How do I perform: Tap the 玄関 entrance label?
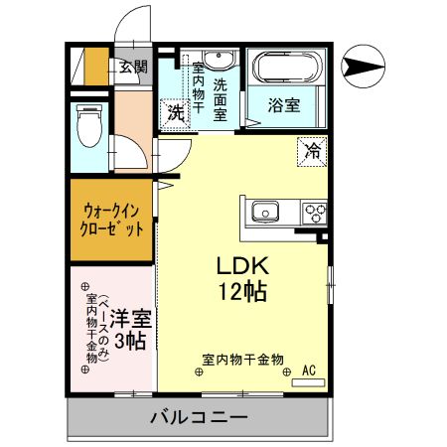point(133,68)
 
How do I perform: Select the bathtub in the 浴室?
point(285,69)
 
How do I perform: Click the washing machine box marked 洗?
point(175,112)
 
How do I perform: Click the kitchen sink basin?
point(265,211)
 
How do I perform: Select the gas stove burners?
point(316,211)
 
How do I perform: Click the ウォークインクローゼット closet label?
point(112,219)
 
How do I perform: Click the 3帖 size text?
point(129,342)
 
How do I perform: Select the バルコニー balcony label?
point(199,416)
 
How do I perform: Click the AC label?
point(308,371)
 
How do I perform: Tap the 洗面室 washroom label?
point(220,99)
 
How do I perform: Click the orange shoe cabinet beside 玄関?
point(95,68)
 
